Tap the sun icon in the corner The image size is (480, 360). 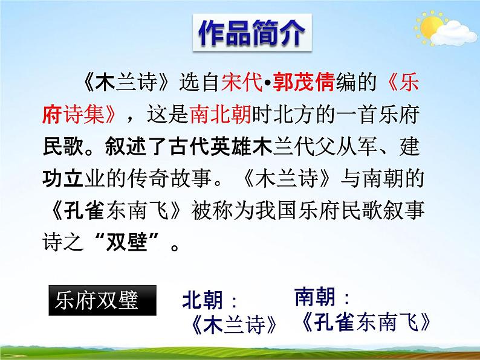coord(433,28)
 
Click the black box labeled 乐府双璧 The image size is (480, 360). coord(102,300)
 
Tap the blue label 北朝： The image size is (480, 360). coord(211,300)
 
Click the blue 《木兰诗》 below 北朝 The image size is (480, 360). coord(232,324)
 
